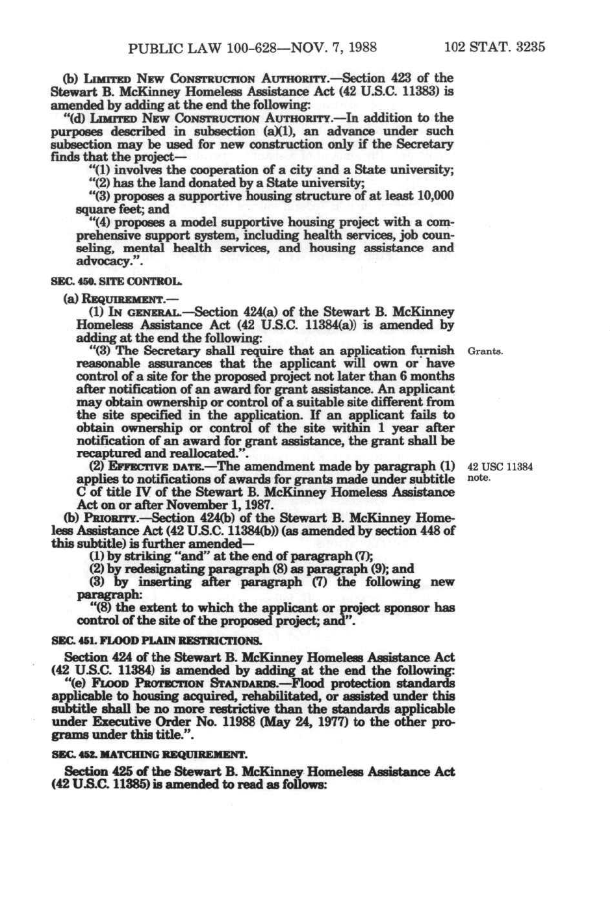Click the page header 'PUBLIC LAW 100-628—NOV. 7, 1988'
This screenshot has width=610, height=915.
pos(253,47)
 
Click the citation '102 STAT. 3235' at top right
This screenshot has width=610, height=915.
pos(494,47)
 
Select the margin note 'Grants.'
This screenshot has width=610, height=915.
pos(485,352)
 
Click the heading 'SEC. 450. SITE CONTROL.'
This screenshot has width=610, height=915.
pos(117,283)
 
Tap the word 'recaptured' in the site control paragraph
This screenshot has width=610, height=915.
pos(107,453)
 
